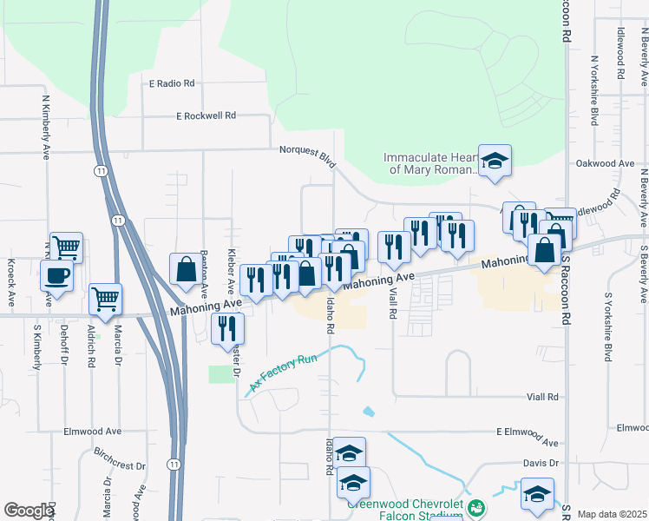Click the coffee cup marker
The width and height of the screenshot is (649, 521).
(x=57, y=276)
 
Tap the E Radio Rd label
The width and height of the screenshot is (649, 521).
(x=172, y=83)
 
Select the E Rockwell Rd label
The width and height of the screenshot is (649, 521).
(x=206, y=115)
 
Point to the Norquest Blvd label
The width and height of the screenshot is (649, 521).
(x=307, y=150)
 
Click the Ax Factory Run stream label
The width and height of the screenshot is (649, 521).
(x=285, y=372)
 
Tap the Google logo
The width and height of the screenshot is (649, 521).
(x=29, y=511)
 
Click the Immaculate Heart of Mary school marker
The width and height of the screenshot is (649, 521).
(x=495, y=162)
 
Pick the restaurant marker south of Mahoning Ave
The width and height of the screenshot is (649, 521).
(x=227, y=328)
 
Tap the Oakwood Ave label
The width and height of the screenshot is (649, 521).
(x=605, y=163)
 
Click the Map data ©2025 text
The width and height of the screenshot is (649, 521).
(x=612, y=514)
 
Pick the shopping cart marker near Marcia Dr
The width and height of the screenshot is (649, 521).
(x=106, y=299)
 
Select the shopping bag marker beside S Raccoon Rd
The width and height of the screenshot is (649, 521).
(x=544, y=251)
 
